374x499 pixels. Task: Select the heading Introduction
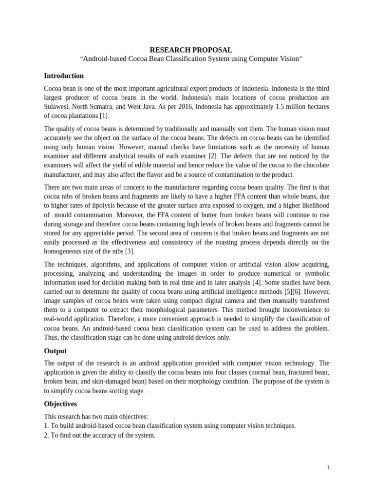(64, 76)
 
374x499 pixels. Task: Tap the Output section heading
(56, 351)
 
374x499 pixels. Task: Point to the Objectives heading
(60, 404)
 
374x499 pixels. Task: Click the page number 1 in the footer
(328, 468)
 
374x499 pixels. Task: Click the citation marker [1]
(104, 116)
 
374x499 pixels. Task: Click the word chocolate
(314, 165)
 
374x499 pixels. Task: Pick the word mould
(63, 215)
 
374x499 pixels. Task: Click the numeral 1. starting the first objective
(46, 426)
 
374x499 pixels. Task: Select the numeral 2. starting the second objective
(46, 435)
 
